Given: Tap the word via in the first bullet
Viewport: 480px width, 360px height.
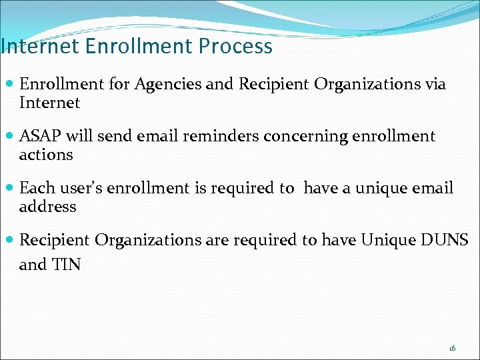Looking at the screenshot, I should (433, 84).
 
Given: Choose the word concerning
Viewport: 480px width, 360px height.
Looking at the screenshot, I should (302, 137).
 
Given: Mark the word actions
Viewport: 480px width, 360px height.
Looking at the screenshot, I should (46, 155).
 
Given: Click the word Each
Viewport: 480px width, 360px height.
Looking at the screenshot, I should (36, 188).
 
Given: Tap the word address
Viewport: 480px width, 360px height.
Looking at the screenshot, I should (48, 207).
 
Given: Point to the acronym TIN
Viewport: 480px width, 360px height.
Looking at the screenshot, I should (67, 265).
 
